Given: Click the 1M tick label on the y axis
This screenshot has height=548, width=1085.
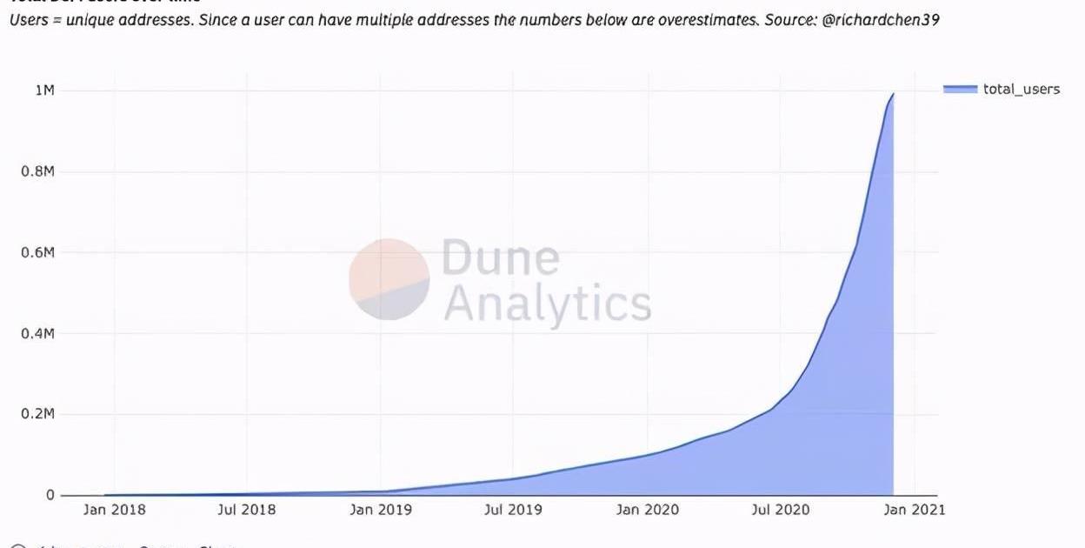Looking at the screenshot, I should (44, 90).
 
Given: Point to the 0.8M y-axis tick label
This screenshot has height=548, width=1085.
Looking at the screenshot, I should (37, 171).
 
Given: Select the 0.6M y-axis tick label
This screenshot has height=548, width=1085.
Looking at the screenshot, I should (37, 252).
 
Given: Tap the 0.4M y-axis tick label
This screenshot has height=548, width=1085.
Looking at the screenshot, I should (37, 333).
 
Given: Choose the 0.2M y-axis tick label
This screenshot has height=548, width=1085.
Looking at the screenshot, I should (37, 414).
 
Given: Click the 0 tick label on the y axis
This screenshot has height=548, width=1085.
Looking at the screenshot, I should (50, 495).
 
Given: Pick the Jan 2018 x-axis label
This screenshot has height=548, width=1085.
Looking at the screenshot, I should (114, 510).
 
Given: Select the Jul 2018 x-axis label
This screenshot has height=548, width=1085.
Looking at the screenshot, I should (248, 510).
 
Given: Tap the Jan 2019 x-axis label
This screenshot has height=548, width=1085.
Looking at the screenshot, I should (381, 510).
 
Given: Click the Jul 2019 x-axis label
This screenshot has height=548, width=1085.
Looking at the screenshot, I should (514, 510).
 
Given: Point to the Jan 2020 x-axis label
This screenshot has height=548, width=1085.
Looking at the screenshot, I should (647, 510).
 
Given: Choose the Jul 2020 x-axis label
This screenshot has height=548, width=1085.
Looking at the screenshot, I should (780, 510).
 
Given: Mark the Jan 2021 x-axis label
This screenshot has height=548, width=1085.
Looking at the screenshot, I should (914, 510).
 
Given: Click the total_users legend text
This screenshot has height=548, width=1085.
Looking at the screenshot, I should (1022, 89).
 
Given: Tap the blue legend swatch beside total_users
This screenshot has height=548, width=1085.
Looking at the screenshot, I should (960, 89).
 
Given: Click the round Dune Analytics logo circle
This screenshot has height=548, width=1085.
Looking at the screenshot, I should (389, 279).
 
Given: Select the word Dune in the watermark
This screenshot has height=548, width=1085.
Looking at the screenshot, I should (500, 258).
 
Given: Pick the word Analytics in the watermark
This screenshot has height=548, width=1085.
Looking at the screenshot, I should (547, 304).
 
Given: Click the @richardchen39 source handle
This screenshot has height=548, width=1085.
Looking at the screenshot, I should (880, 19).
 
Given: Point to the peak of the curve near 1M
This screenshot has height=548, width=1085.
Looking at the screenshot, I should (893, 94).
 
